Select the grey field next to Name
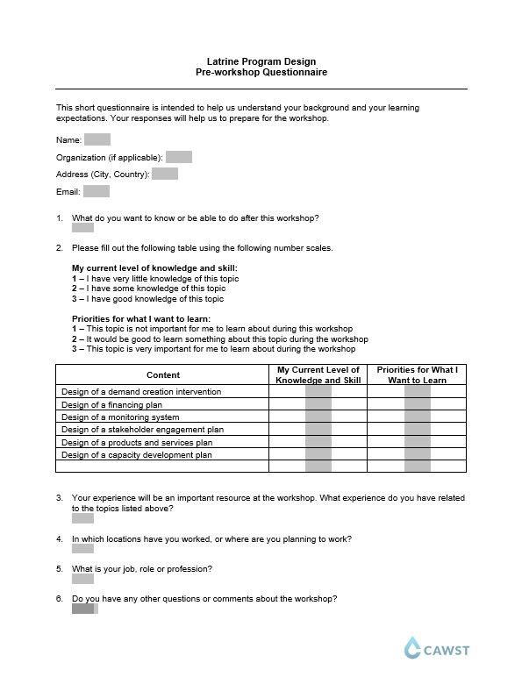click(x=97, y=139)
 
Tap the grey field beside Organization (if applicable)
click(x=178, y=157)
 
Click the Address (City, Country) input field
click(x=165, y=174)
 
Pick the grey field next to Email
click(x=96, y=191)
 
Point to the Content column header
click(x=162, y=374)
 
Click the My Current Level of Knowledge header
click(x=318, y=374)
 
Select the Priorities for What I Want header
click(x=417, y=374)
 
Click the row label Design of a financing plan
click(x=112, y=405)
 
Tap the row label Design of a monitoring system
click(x=120, y=417)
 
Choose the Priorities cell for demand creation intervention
click(x=417, y=392)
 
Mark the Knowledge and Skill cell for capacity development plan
click(x=318, y=455)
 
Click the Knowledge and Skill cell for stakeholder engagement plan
click(x=318, y=430)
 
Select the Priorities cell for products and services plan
click(x=417, y=443)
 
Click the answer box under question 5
click(x=82, y=579)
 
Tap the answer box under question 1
click(x=82, y=227)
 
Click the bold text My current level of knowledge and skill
click(x=154, y=267)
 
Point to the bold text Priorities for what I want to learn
click(x=140, y=318)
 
